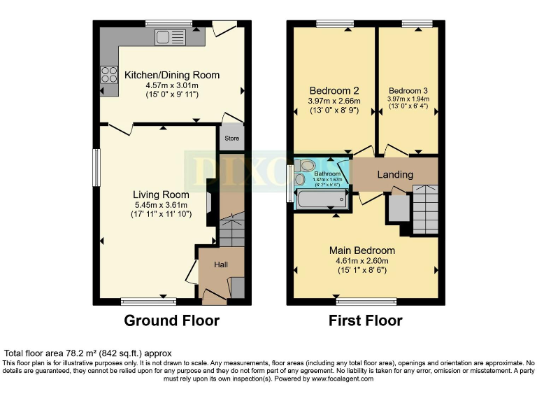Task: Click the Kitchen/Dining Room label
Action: coord(171,75)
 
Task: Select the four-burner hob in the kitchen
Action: coord(110,74)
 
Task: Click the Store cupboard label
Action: coord(231,139)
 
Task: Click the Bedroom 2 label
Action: coord(334,90)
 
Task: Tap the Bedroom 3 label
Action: coord(408,90)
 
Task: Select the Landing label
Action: coord(395,174)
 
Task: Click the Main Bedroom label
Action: coord(361,250)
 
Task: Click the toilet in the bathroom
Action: coord(305,166)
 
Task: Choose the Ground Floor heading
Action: coord(171,321)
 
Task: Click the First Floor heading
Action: coord(366,321)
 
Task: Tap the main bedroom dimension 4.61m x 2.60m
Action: coord(361,261)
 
